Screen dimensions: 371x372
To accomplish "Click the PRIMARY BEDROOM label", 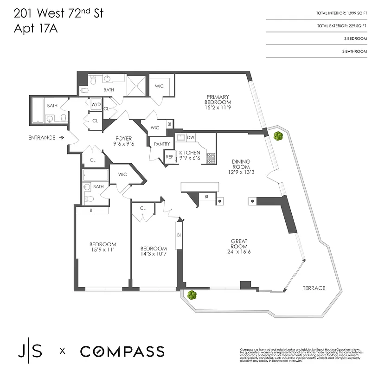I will click(218, 99).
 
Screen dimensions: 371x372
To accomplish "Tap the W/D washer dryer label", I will click(96, 104).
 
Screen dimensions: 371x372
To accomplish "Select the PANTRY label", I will click(161, 144).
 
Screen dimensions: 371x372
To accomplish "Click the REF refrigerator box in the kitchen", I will click(169, 157).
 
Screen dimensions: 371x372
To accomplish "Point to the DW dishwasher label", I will click(191, 137).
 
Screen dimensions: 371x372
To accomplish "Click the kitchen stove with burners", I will click(211, 157).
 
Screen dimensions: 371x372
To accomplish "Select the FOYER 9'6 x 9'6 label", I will click(123, 141).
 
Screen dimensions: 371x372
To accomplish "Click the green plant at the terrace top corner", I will click(278, 136).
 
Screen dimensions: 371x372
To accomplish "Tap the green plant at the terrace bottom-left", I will click(190, 294).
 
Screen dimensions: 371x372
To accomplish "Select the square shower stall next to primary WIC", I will click(137, 85).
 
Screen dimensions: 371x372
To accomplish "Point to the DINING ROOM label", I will click(241, 165).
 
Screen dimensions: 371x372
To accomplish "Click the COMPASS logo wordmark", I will click(122, 352).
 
